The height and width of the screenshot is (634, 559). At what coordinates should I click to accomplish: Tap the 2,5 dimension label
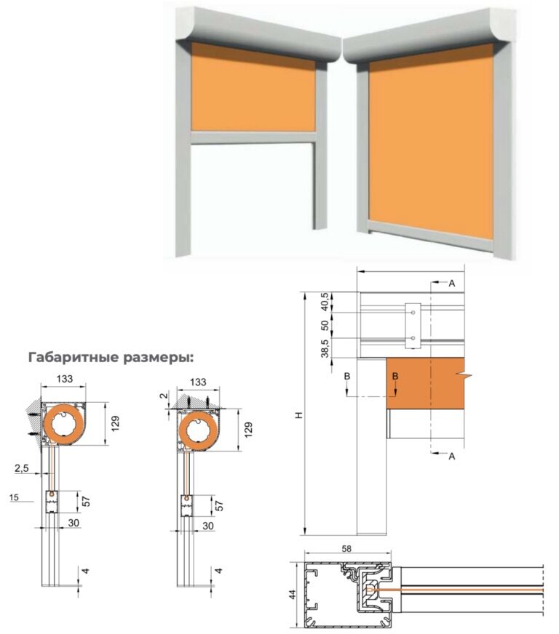21,468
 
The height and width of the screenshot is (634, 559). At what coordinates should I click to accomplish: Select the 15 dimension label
14,497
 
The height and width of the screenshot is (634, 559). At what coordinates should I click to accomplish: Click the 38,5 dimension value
325,348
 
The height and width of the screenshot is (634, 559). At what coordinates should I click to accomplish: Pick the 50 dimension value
325,326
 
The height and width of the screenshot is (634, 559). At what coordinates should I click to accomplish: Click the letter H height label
298,415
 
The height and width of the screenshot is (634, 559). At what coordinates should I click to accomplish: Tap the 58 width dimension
346,549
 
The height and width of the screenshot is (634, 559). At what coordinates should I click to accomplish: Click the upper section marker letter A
452,284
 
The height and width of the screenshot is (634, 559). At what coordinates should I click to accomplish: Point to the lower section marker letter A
452,456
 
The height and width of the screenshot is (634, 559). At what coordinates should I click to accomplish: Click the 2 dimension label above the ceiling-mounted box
164,396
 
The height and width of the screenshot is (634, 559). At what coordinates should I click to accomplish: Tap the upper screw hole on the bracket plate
413,313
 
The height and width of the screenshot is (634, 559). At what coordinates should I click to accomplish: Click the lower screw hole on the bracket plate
413,338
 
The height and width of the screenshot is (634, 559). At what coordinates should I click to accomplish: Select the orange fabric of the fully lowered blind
432,142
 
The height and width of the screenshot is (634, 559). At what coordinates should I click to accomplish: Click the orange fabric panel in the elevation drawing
425,383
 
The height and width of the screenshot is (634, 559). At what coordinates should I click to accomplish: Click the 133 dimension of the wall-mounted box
65,379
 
